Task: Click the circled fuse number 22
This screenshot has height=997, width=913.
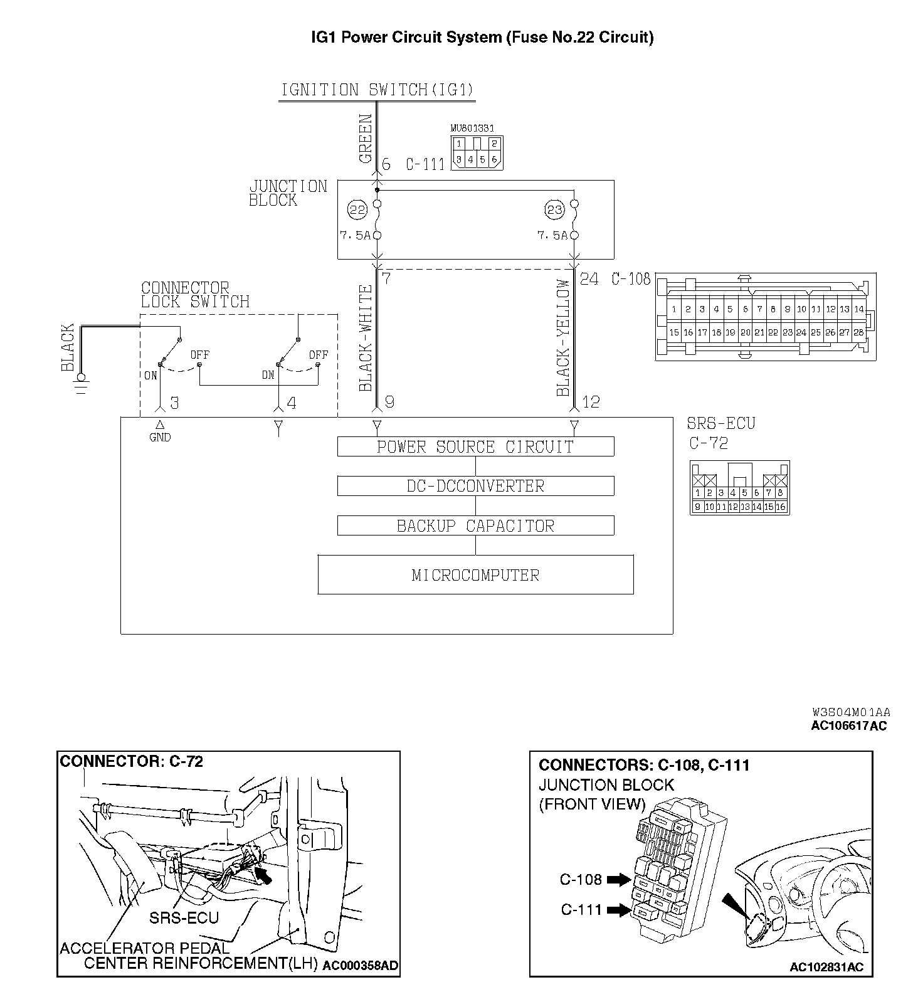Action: [357, 210]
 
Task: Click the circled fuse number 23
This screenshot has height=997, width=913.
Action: [555, 210]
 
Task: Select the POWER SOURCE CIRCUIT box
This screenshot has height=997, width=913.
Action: [475, 446]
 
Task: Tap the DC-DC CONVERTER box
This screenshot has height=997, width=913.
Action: [475, 486]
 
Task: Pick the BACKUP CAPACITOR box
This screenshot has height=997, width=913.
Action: [475, 525]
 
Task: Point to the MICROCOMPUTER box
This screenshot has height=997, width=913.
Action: [475, 574]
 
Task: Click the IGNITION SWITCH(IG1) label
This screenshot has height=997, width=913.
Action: [377, 90]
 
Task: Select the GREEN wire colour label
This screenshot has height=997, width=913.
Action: [366, 139]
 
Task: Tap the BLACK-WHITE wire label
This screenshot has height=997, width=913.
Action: [366, 338]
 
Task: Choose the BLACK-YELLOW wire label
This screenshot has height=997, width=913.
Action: [563, 338]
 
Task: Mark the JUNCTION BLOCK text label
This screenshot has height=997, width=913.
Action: [288, 193]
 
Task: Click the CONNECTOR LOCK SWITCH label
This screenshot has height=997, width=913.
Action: [194, 295]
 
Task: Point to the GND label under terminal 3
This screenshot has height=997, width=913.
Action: [160, 438]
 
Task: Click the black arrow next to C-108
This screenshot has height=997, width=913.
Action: [620, 880]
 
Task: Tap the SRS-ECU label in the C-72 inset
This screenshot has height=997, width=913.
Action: [184, 918]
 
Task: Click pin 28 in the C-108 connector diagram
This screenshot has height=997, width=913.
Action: [858, 332]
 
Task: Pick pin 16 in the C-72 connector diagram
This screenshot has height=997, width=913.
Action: [781, 507]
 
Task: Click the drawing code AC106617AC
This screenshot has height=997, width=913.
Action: [850, 726]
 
